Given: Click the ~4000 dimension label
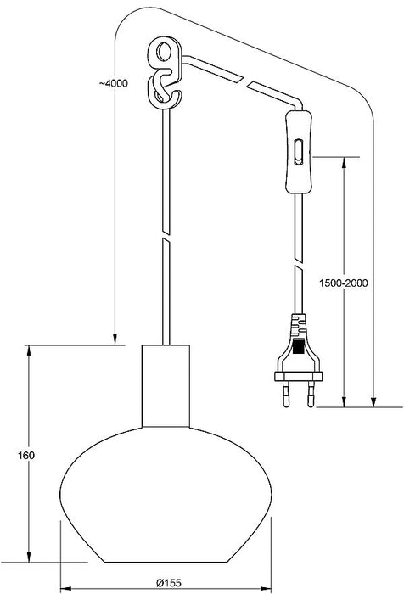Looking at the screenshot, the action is [x=114, y=84].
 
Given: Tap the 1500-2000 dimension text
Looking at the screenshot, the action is [x=344, y=283].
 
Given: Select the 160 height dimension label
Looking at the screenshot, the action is [x=26, y=456].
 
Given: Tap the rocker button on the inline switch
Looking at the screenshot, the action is [x=299, y=152].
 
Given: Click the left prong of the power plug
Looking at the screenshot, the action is [x=286, y=393].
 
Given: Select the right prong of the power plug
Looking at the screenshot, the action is [x=311, y=394].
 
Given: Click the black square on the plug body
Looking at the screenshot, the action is [x=299, y=347].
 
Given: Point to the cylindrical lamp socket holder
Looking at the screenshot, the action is [x=166, y=385].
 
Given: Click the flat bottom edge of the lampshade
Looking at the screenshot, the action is [x=166, y=562].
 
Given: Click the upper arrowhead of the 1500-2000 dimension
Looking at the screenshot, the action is [x=344, y=163].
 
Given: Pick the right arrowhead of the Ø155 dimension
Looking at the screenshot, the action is [x=266, y=589].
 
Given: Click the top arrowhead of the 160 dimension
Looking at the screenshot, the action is [x=28, y=351].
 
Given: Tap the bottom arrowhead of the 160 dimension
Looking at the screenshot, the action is [x=28, y=556].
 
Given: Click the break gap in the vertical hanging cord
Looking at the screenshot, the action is [x=166, y=235].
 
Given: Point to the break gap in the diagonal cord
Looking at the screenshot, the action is [x=245, y=81].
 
